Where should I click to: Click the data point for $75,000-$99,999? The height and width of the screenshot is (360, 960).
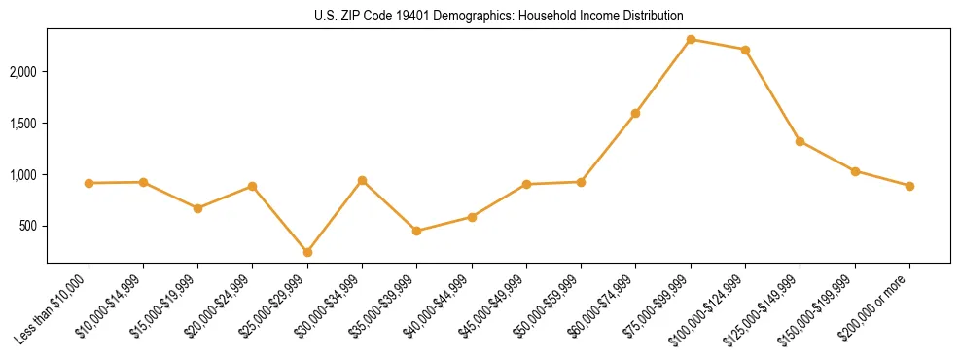click(x=691, y=39)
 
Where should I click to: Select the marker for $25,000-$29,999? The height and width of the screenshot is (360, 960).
click(x=307, y=252)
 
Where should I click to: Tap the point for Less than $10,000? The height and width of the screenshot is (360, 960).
click(x=89, y=183)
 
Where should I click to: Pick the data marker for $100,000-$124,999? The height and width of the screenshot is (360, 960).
click(x=745, y=50)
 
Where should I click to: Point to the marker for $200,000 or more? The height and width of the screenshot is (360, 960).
click(x=909, y=186)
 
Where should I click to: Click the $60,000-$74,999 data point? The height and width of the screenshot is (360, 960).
click(x=635, y=113)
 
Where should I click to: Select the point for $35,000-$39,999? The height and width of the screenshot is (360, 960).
click(x=416, y=231)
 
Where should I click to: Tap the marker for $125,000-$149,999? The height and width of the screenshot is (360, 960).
click(x=800, y=141)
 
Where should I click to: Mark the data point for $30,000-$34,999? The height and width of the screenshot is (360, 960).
click(x=362, y=180)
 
